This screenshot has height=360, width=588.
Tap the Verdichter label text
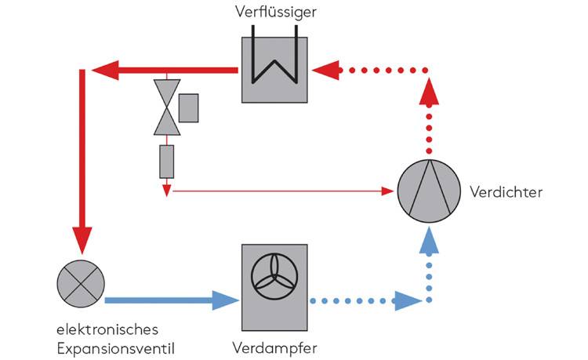(506, 191)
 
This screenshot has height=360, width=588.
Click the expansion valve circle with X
(81, 280)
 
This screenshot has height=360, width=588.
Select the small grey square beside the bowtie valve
(188, 107)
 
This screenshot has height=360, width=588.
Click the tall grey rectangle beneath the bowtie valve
(166, 162)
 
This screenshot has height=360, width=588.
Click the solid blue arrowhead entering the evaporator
(225, 300)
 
